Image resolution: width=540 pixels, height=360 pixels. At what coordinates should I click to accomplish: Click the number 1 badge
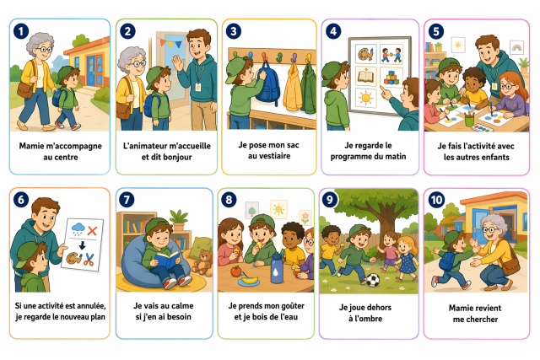pos(21,31)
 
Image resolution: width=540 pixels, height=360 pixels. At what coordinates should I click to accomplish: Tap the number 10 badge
pos(436,200)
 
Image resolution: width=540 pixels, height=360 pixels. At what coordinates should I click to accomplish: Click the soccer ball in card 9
pos(372,280)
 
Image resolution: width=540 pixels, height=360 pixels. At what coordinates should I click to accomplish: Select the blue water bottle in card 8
pos(277,268)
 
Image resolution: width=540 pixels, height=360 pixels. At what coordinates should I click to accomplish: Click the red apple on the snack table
pos(236,271)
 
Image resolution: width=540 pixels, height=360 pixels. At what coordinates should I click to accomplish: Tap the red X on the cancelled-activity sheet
pos(92,230)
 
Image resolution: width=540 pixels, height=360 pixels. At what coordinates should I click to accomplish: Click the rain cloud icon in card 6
pos(78,228)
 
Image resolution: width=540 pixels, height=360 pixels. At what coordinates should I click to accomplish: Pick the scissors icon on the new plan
pos(89,260)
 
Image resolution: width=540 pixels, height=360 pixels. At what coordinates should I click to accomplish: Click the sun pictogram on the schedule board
pos(365,99)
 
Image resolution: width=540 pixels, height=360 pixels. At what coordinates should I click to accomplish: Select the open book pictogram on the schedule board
pos(365,76)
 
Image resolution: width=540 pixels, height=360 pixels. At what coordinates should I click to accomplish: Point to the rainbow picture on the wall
pos(516,48)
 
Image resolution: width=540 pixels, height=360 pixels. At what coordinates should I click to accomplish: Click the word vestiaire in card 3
pos(269,156)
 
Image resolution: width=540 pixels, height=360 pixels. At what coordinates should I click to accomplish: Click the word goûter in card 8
pos(290,306)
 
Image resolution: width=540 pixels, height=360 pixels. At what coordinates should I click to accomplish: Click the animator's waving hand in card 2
pos(178,63)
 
